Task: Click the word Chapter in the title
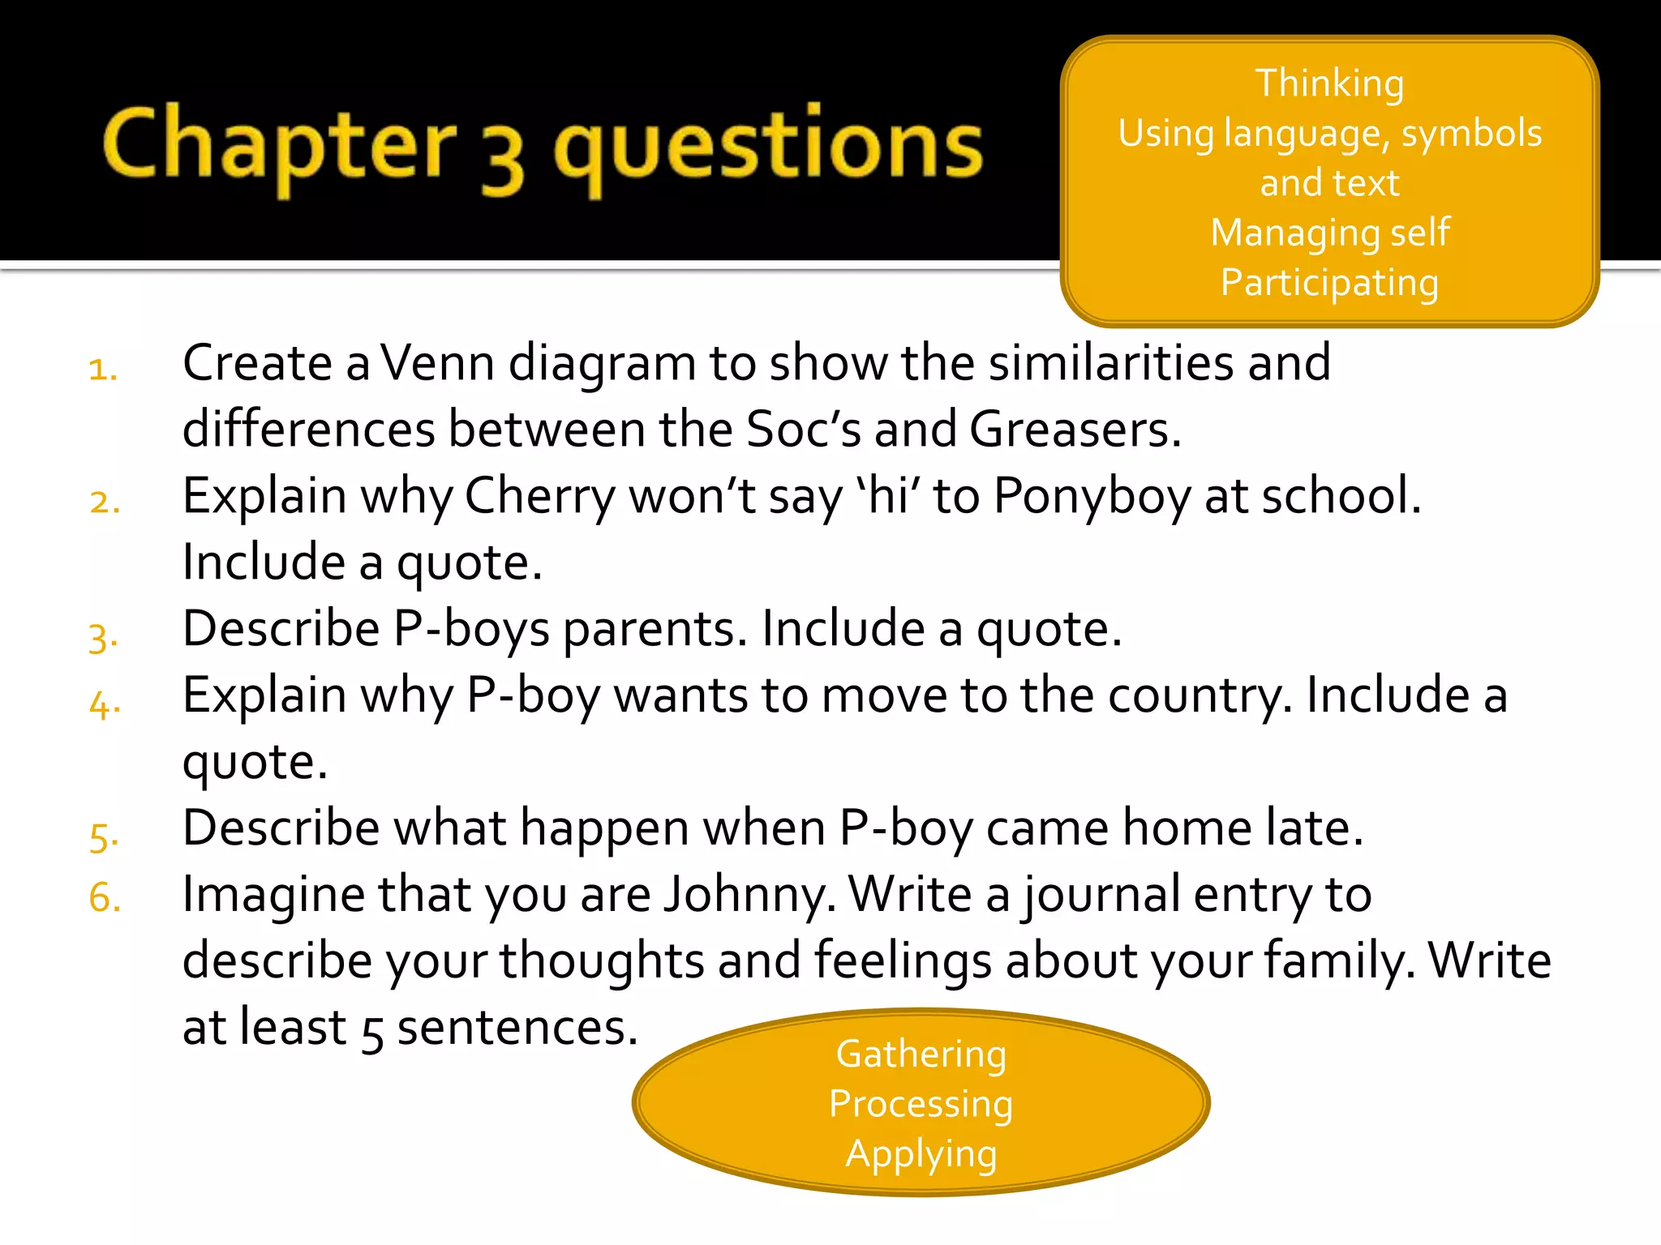[279, 146]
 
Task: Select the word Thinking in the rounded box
[1329, 83]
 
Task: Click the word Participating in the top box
[1329, 283]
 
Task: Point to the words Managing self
[1329, 233]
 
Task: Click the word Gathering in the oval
[921, 1055]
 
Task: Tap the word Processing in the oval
[921, 1104]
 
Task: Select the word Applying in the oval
[921, 1154]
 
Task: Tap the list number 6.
[105, 898]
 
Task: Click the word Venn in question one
[438, 362]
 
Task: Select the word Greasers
[1074, 429]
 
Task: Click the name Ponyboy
[1092, 496]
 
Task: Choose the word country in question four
[1200, 696]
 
